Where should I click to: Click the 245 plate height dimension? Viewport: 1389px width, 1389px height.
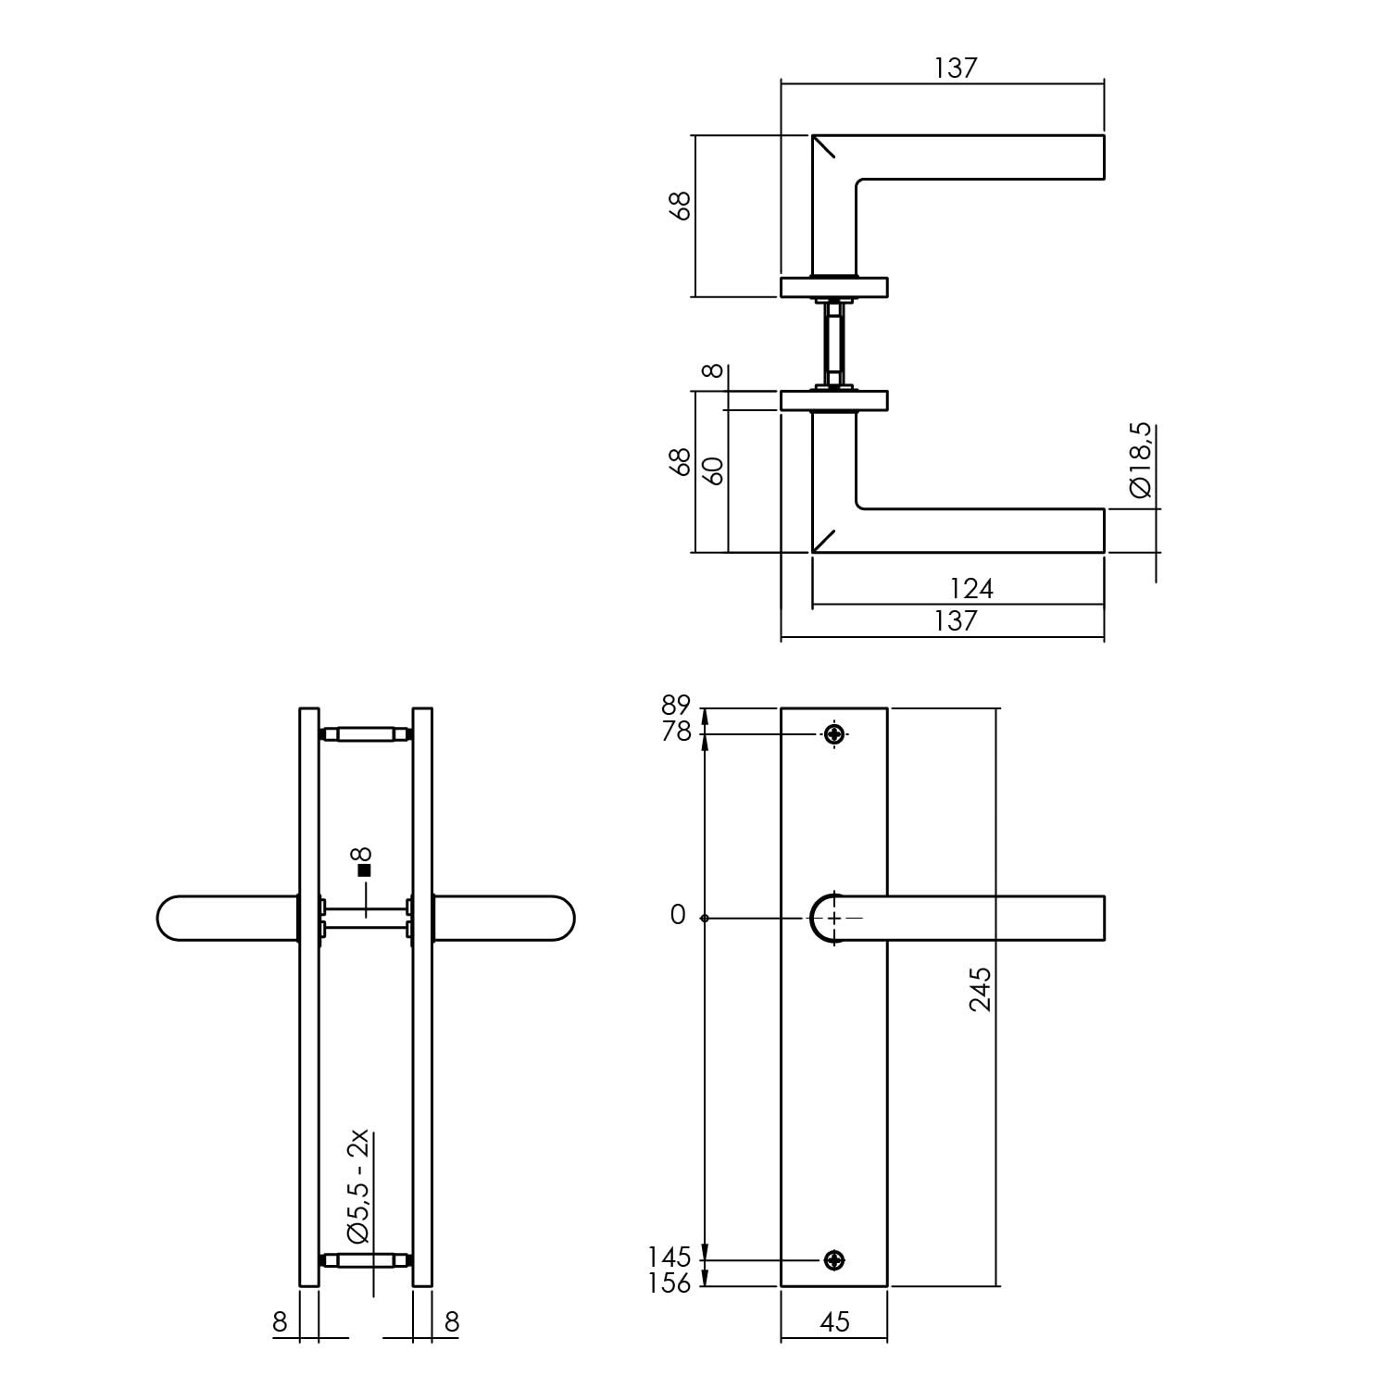981,989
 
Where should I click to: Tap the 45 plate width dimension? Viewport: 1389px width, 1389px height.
834,1321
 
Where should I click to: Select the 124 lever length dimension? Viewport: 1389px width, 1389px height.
972,588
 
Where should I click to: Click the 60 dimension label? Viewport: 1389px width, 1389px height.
713,471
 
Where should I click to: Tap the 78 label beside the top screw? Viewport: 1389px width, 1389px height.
677,732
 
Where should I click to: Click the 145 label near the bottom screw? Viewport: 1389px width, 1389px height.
670,1258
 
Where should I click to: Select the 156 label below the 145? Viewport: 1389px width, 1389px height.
670,1283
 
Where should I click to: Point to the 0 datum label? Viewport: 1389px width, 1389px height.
678,915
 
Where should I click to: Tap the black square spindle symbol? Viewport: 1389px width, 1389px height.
364,870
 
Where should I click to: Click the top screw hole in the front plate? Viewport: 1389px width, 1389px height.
834,734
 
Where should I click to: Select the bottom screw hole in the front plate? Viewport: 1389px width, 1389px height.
834,1259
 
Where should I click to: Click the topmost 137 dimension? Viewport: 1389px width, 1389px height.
956,68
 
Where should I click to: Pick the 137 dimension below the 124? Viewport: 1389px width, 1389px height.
956,620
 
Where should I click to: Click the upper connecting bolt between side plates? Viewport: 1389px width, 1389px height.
366,735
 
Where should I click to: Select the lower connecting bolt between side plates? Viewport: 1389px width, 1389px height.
366,1260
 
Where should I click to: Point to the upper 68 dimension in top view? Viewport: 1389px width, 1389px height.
681,205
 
